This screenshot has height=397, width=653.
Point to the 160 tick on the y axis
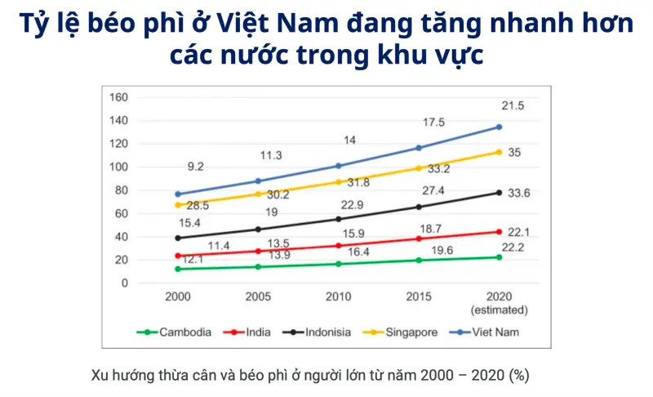(119, 98)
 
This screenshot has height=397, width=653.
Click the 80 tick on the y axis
(122, 190)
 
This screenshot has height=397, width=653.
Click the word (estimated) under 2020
(499, 310)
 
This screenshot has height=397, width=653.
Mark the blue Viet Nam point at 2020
(499, 127)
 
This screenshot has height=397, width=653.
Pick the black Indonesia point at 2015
(419, 207)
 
